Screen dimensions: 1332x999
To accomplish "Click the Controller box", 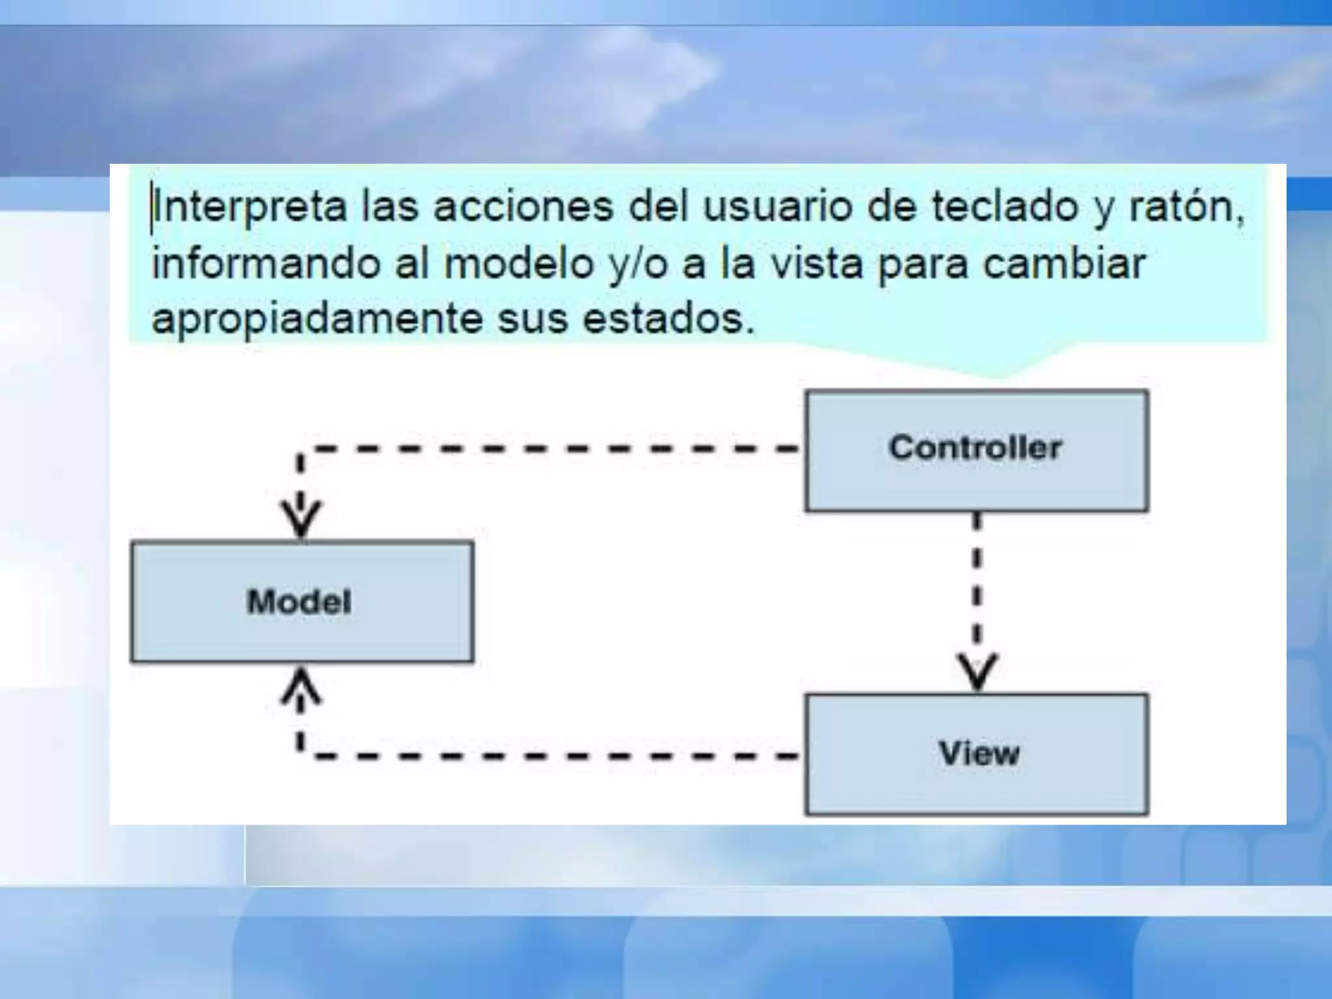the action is (x=976, y=450).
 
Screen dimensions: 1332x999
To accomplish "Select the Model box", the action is (x=302, y=602).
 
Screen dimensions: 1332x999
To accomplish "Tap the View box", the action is (x=976, y=754).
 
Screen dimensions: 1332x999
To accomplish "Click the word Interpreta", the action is (x=251, y=207).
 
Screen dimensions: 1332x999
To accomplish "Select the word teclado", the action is (x=1005, y=207).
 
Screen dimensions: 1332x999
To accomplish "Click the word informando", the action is (x=265, y=263).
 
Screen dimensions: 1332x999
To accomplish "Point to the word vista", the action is (x=816, y=263).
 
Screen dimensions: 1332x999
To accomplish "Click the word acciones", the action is (x=523, y=207).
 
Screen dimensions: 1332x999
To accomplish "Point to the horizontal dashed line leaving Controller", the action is (x=553, y=448).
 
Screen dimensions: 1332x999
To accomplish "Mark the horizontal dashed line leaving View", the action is (x=553, y=756).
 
